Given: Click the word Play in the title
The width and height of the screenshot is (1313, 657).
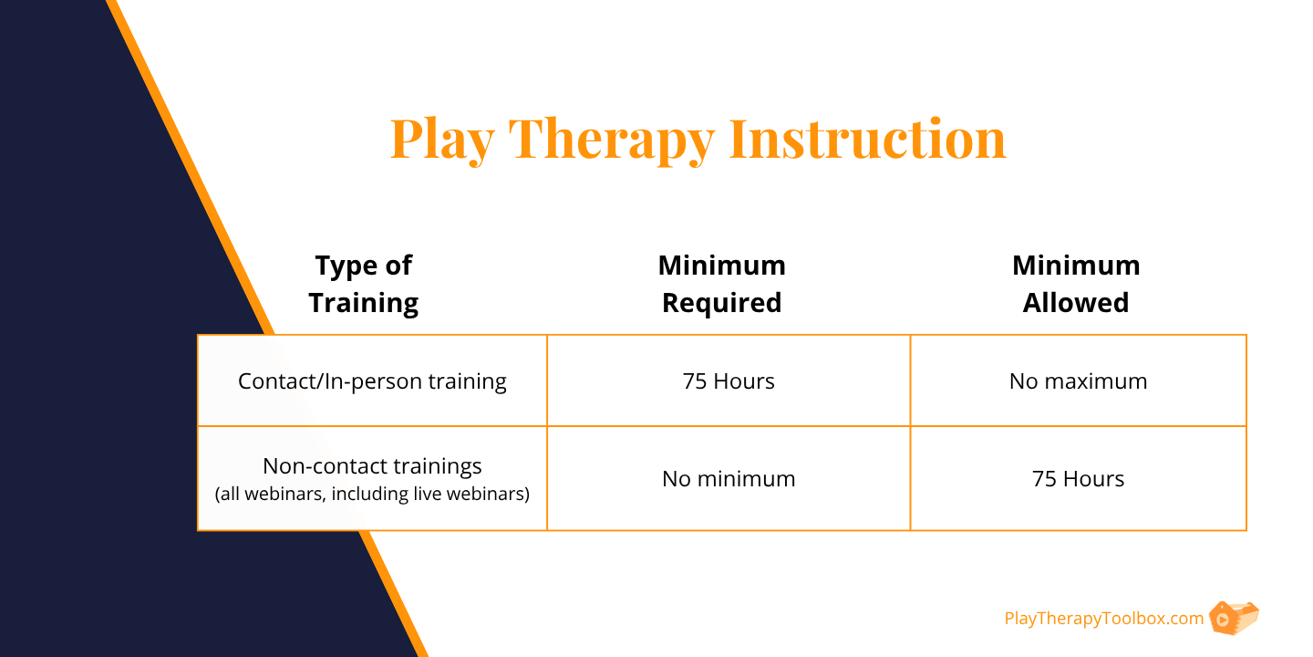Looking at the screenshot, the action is pyautogui.click(x=442, y=141).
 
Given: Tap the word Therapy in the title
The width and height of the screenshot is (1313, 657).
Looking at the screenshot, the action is pyautogui.click(x=611, y=141).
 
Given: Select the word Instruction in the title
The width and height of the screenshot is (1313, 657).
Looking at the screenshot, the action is pyautogui.click(x=867, y=139).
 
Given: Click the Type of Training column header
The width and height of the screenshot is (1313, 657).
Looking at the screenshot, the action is pyautogui.click(x=364, y=285).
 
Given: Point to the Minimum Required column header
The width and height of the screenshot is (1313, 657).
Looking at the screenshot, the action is pyautogui.click(x=721, y=285).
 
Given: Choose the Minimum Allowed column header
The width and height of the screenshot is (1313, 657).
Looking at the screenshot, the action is pyautogui.click(x=1076, y=285).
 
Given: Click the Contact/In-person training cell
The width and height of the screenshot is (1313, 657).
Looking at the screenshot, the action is pyautogui.click(x=372, y=381).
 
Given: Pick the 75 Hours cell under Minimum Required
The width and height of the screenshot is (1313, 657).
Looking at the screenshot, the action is pyautogui.click(x=728, y=381).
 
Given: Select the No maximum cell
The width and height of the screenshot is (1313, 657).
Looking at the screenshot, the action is pyautogui.click(x=1078, y=381).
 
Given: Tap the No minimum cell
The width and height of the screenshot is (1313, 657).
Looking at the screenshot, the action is pyautogui.click(x=729, y=479).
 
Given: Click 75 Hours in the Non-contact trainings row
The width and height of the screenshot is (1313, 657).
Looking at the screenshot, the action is pyautogui.click(x=1078, y=479).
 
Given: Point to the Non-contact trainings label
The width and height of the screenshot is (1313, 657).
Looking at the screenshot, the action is pyautogui.click(x=372, y=466).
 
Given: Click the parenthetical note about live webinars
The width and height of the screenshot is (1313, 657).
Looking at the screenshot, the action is pyautogui.click(x=372, y=494).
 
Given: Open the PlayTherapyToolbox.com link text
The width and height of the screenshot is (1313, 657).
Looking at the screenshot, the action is pyautogui.click(x=1103, y=619).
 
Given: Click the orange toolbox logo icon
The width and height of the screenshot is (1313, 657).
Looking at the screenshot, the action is pyautogui.click(x=1234, y=618).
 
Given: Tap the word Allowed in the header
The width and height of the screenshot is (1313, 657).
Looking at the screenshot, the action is pyautogui.click(x=1076, y=303).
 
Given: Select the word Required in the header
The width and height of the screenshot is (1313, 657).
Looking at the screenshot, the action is pyautogui.click(x=721, y=303).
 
